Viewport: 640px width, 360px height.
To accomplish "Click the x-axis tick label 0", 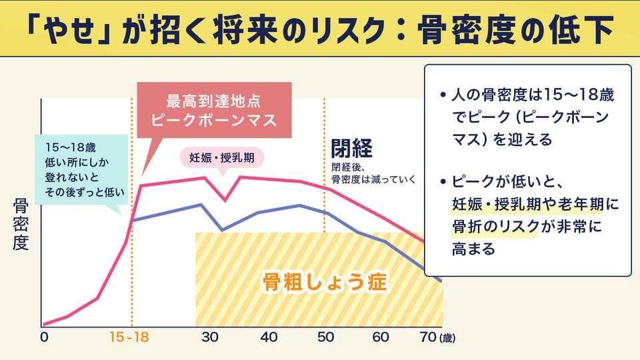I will coord(44,337).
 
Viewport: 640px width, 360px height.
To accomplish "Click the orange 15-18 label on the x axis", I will coord(129,337).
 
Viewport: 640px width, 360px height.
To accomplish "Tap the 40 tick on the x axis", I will coord(269,337).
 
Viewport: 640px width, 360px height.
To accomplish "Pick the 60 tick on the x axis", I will coord(380,337).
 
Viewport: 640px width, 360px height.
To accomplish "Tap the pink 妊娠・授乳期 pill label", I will coord(223,158).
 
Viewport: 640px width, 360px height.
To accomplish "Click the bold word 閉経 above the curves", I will coord(351,148).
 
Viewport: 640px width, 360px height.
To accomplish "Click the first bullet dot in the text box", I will coord(443,95).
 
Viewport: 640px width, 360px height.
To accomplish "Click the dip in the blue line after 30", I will coord(223,229).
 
